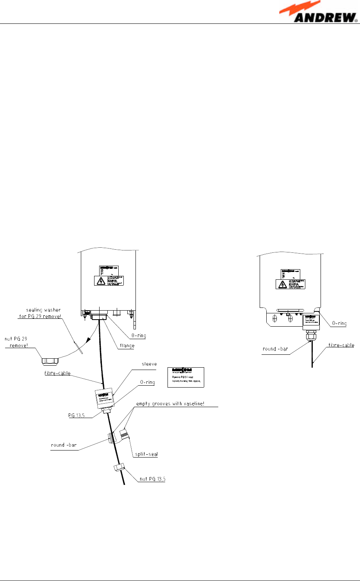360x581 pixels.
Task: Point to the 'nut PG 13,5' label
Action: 152,479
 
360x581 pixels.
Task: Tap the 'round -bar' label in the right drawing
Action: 275,349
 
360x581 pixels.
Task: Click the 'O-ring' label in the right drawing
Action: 339,323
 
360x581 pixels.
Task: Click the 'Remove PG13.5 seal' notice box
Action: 186,377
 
